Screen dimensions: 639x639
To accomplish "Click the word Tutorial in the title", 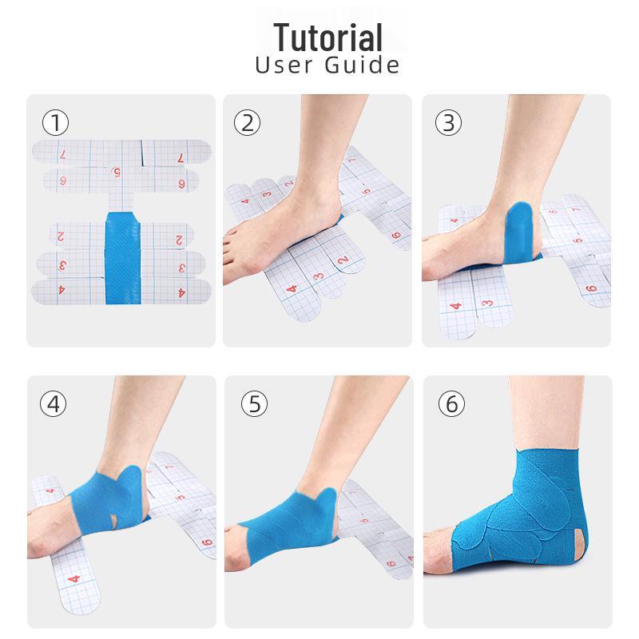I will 327,37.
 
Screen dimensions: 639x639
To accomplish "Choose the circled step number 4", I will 52,403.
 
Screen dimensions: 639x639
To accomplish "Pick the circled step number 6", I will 450,403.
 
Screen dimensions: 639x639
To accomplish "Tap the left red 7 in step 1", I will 62,157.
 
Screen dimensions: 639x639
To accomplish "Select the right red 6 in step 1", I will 181,184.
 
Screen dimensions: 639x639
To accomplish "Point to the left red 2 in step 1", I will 61,236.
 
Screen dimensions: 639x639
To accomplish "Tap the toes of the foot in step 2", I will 236,236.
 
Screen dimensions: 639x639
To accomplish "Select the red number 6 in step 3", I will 591,288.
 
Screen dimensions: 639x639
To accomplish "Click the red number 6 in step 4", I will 207,543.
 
